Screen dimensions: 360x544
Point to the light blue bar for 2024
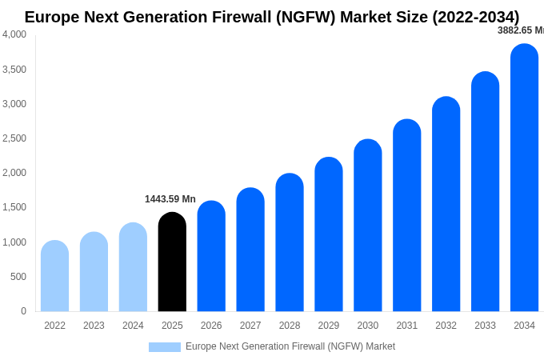133,267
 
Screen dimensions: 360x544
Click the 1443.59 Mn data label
170,199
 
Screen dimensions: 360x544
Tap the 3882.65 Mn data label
520,30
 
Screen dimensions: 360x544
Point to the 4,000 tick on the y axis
14,34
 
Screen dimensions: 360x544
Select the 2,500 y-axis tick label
14,138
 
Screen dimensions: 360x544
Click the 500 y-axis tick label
18,277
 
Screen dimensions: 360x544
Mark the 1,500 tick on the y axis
14,207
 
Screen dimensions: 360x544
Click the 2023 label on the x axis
94,326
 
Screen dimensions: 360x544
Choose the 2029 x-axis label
329,326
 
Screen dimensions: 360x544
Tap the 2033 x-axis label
485,326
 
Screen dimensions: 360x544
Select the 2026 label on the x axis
211,326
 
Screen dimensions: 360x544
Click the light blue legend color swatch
165,346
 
